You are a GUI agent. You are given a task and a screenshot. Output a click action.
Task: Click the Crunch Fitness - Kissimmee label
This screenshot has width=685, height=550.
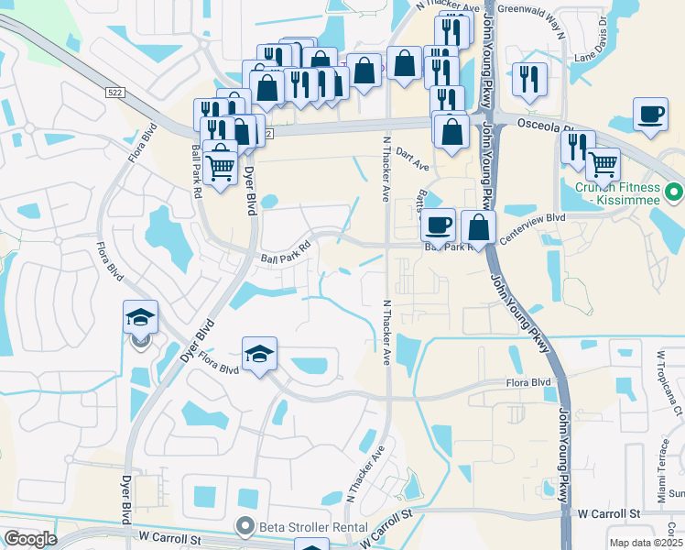click(618, 193)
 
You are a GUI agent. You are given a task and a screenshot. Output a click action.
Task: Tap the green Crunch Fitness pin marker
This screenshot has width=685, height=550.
click(675, 192)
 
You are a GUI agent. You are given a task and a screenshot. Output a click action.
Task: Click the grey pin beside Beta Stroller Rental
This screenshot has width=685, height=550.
click(245, 527)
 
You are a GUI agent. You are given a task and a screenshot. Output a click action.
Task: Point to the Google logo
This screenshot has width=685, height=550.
click(30, 539)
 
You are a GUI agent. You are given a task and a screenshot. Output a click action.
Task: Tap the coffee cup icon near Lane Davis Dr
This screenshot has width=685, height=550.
click(651, 115)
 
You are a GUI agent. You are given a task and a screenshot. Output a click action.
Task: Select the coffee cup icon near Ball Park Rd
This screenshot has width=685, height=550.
click(438, 224)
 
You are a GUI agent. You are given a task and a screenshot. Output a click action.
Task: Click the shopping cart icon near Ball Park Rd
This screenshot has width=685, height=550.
click(220, 167)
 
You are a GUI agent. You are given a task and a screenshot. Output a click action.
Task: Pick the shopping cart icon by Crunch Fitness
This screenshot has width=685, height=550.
click(603, 164)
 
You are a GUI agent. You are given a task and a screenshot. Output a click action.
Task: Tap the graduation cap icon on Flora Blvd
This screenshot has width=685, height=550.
click(259, 354)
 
